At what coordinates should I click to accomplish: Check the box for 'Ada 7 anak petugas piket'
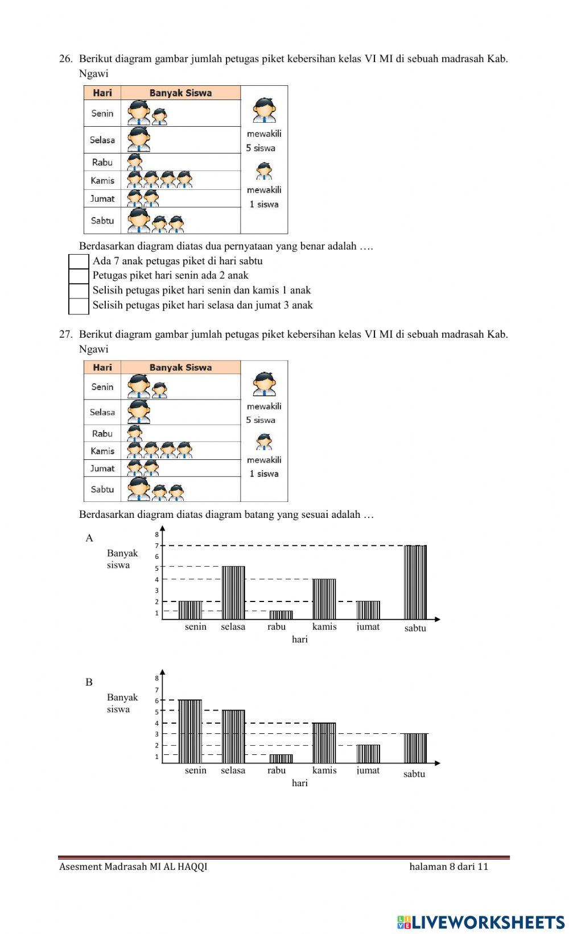click(79, 261)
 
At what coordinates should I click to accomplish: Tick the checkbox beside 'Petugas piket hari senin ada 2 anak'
click(79, 276)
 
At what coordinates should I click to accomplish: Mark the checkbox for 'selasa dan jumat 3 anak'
click(79, 306)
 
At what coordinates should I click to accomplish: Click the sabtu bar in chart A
click(415, 582)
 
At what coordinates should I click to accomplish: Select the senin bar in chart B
click(190, 731)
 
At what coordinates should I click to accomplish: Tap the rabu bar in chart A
click(281, 615)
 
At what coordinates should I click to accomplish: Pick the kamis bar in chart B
click(324, 742)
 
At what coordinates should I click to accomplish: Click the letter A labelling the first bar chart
click(89, 538)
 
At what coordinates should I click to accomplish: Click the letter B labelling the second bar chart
click(89, 682)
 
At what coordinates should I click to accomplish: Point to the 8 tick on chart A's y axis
click(157, 534)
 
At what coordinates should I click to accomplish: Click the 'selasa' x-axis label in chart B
click(233, 771)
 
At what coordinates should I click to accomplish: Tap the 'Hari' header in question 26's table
click(102, 93)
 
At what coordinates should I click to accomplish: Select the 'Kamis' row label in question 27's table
click(102, 451)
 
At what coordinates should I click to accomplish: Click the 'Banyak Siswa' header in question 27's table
click(180, 367)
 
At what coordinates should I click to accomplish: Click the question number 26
click(65, 59)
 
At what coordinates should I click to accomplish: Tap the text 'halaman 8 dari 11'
click(448, 867)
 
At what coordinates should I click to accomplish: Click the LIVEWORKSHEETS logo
click(481, 921)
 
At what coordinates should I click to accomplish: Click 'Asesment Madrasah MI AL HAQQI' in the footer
click(133, 867)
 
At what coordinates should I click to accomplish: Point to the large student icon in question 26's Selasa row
click(138, 139)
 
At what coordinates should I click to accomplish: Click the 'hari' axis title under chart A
click(300, 640)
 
